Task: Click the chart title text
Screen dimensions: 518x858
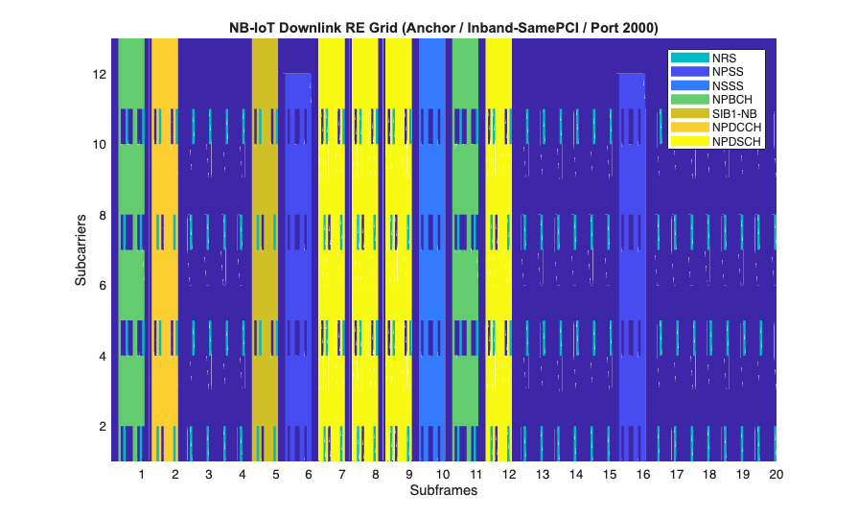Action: (443, 27)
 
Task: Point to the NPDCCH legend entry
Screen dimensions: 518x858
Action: (717, 128)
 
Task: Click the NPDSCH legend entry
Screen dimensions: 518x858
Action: (717, 141)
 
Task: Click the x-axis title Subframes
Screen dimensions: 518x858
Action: (443, 490)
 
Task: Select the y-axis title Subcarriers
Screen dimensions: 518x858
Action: (82, 250)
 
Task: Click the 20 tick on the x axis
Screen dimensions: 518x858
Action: (776, 475)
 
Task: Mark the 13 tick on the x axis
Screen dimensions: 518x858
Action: (543, 475)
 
